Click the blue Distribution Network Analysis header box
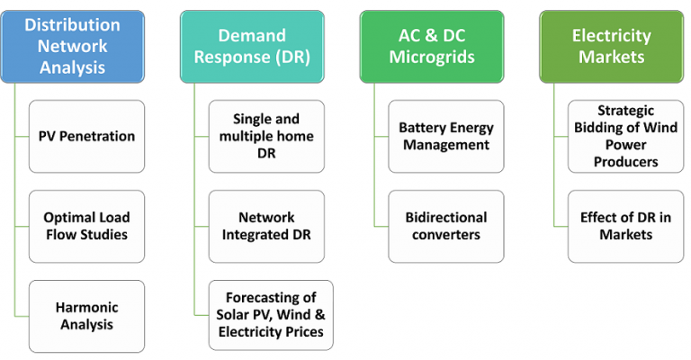click(x=73, y=47)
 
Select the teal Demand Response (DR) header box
click(x=252, y=47)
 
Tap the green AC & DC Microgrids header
click(x=432, y=47)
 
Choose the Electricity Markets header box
click(x=612, y=47)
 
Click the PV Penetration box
click(x=86, y=137)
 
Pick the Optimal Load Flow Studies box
click(x=86, y=227)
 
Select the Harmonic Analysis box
click(x=86, y=317)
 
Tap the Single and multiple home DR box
click(x=266, y=137)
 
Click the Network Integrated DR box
click(x=266, y=227)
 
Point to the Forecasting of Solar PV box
click(x=271, y=315)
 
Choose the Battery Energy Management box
click(x=446, y=137)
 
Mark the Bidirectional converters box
click(x=446, y=227)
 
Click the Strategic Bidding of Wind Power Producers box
click(x=626, y=137)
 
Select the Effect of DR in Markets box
click(x=626, y=227)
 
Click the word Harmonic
click(x=86, y=307)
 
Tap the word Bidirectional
click(x=446, y=217)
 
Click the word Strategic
click(x=626, y=111)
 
